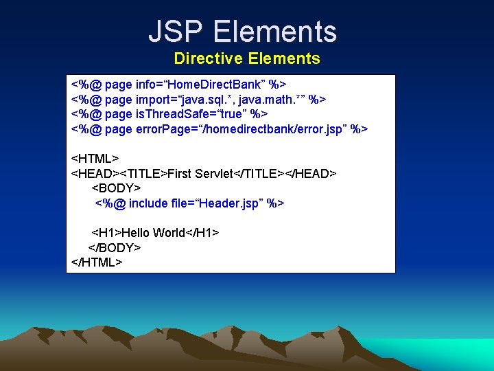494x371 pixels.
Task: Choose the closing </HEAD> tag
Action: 311,174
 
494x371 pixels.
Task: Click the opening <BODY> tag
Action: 117,188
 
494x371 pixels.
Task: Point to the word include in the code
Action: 148,203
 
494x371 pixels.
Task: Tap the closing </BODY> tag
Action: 115,247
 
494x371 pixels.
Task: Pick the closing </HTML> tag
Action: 97,262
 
